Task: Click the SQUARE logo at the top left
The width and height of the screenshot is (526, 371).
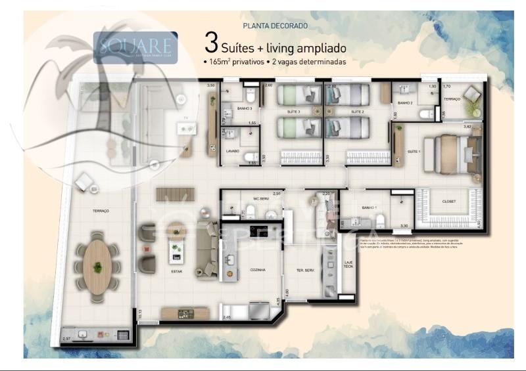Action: click(x=135, y=46)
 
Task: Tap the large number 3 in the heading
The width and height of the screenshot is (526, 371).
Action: click(x=211, y=43)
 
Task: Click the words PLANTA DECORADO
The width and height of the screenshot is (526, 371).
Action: click(x=275, y=26)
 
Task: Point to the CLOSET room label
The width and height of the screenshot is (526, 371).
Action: click(x=449, y=201)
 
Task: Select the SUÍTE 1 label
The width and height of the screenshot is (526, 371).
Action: click(x=414, y=152)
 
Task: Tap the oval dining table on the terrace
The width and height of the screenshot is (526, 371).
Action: click(x=97, y=267)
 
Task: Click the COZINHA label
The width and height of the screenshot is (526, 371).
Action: click(x=257, y=269)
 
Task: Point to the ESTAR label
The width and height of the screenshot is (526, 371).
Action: click(x=176, y=271)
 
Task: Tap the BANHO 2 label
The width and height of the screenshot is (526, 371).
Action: click(x=405, y=103)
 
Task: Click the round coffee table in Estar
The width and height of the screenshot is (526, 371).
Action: click(x=176, y=230)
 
